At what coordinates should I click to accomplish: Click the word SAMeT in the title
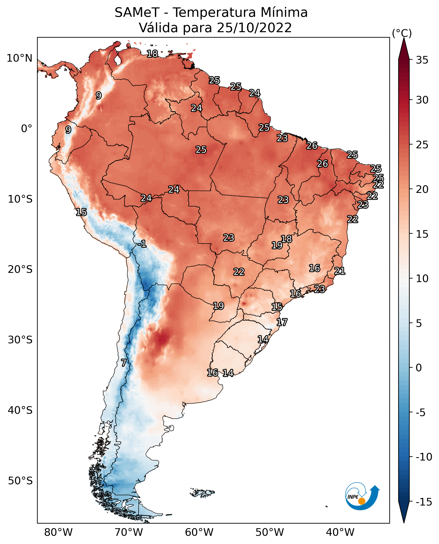(137, 12)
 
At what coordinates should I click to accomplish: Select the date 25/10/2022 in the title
(254, 28)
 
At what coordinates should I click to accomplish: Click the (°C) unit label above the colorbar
(402, 33)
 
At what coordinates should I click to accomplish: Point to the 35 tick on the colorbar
(422, 60)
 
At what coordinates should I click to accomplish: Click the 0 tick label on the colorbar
(419, 368)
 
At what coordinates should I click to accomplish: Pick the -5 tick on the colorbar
(420, 412)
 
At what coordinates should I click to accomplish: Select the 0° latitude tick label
(27, 129)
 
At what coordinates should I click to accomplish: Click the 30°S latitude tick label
(20, 340)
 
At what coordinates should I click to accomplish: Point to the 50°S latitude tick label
(20, 481)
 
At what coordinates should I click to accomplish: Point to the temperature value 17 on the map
(282, 322)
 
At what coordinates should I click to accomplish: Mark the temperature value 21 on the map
(340, 271)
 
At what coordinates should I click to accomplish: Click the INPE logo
(362, 496)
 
